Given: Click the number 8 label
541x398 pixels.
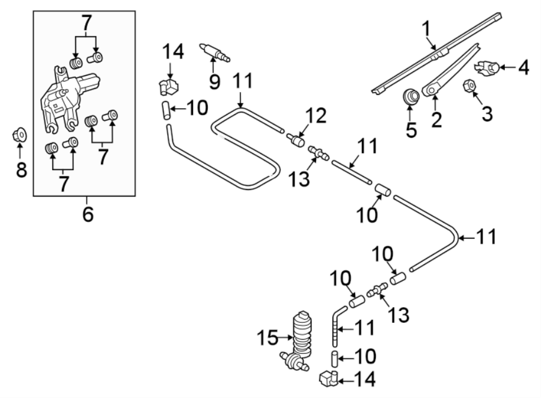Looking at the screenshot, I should click(x=22, y=171).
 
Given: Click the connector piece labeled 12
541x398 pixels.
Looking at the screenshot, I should click(x=296, y=141).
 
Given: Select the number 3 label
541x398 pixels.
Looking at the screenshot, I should click(x=487, y=112).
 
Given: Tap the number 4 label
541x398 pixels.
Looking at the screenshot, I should click(x=524, y=68).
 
